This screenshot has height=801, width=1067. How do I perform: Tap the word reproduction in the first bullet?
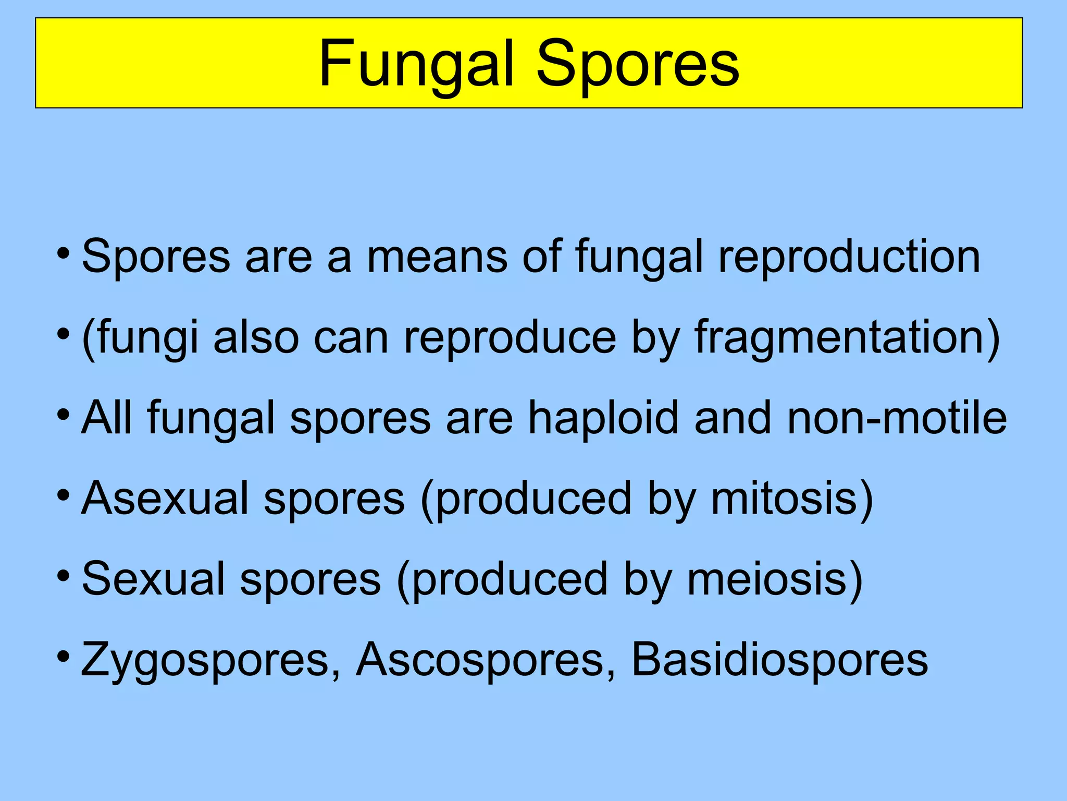click(x=849, y=257)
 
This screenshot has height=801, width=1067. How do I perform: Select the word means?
click(x=437, y=257)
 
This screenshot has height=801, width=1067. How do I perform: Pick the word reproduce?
click(x=510, y=338)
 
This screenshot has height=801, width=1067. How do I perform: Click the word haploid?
click(x=603, y=418)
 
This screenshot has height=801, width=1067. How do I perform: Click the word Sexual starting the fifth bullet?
click(x=154, y=579)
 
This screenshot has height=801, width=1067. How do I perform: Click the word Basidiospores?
click(x=779, y=660)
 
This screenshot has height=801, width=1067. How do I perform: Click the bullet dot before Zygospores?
click(x=63, y=655)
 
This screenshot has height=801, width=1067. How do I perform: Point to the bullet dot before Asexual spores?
click(x=63, y=493)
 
